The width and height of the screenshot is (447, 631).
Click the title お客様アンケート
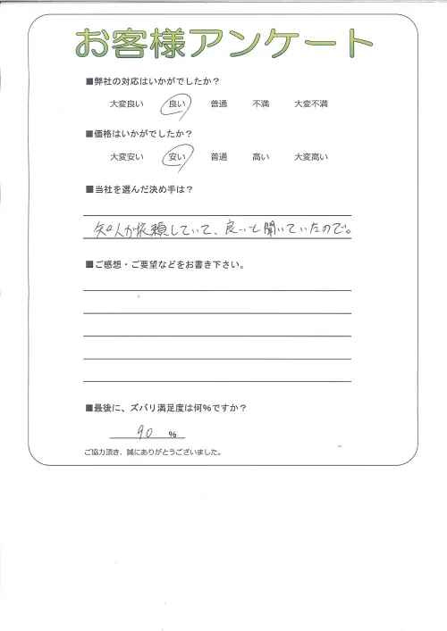pyautogui.click(x=223, y=43)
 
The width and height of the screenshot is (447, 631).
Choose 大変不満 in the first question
pyautogui.click(x=311, y=105)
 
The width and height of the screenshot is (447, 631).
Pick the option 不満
pyautogui.click(x=261, y=105)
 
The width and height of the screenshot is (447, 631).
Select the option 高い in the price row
pyautogui.click(x=261, y=158)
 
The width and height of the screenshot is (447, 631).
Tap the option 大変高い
pyautogui.click(x=311, y=158)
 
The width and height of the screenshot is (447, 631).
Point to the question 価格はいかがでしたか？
pyautogui.click(x=143, y=135)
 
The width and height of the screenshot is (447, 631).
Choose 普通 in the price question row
pyautogui.click(x=219, y=158)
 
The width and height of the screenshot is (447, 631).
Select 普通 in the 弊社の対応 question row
pyautogui.click(x=219, y=105)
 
